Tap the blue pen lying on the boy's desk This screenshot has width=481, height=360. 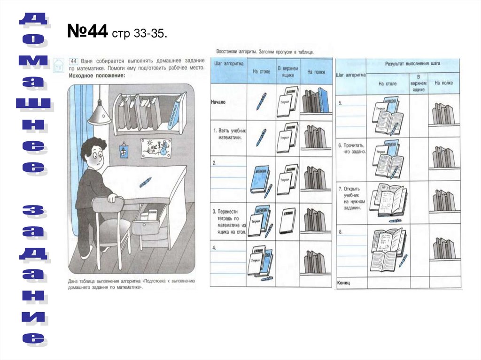click(145, 182)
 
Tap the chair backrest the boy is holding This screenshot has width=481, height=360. click(107, 207)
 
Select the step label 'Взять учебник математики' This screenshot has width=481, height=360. click(229, 134)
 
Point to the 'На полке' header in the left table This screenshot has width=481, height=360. click(316, 72)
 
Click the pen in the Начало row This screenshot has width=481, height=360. click(261, 101)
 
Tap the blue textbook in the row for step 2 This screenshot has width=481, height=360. click(260, 178)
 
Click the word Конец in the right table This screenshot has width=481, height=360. click(344, 283)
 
